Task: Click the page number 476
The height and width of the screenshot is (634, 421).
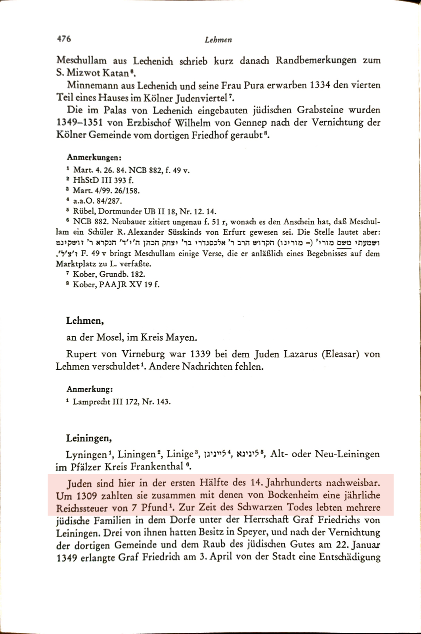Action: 63,39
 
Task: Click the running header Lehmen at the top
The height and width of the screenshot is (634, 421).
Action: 218,40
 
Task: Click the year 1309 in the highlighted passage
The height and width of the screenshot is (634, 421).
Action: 86,495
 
